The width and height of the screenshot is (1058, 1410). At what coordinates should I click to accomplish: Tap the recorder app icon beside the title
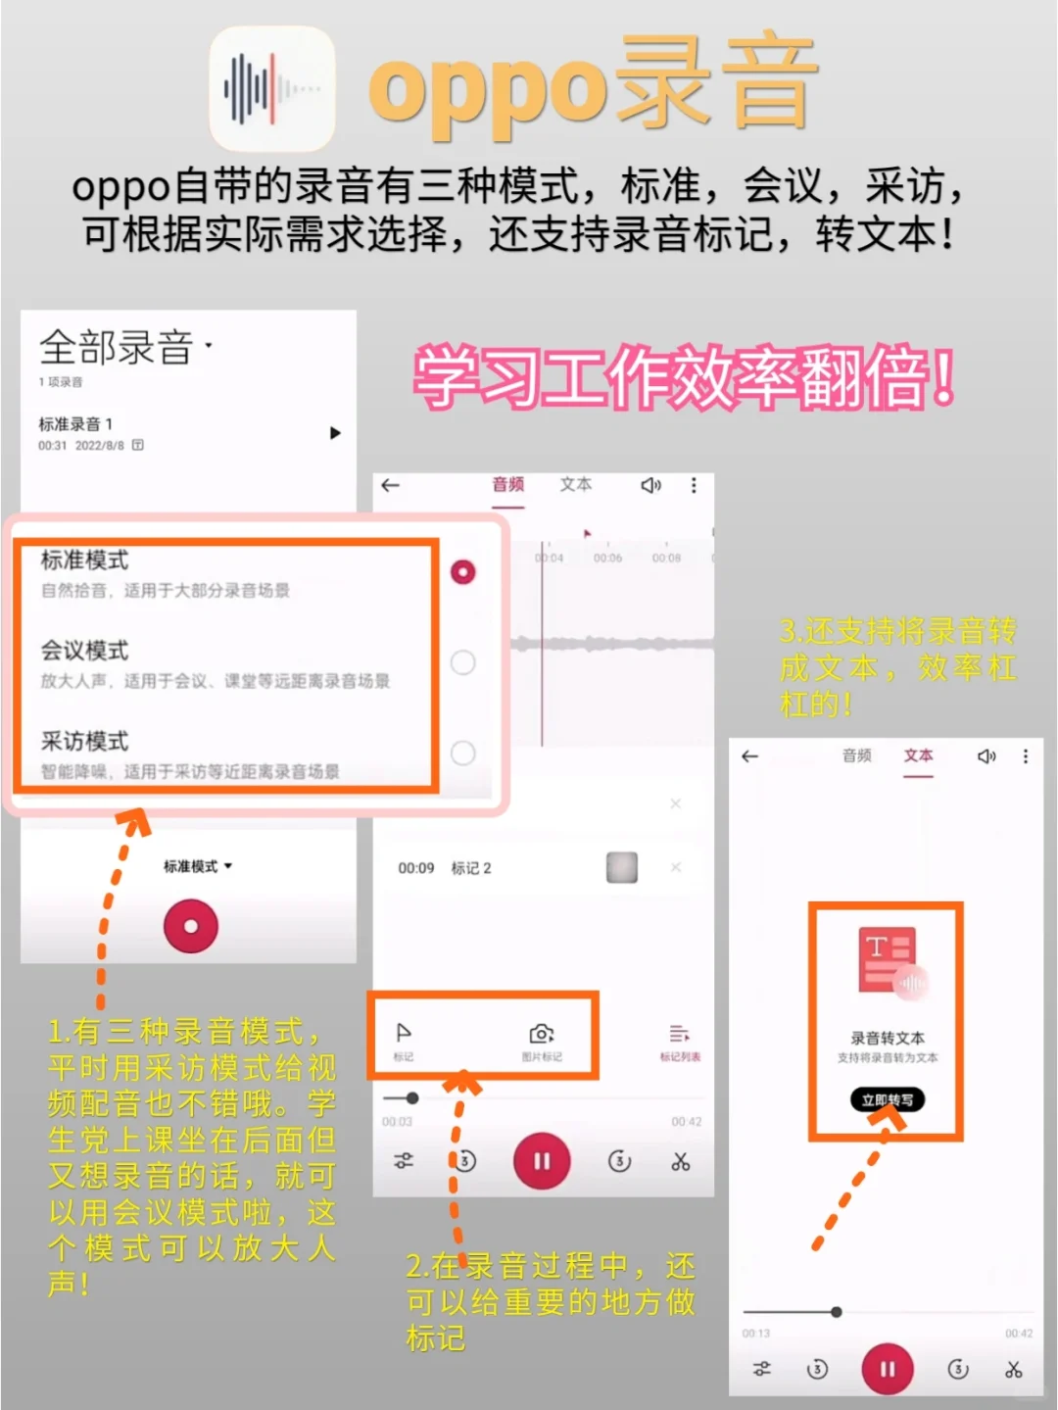click(272, 89)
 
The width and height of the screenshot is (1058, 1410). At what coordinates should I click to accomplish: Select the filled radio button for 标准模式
click(463, 572)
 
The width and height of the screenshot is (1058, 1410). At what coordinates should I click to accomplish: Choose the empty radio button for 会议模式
click(463, 663)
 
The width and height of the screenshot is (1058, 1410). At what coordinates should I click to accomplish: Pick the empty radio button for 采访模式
click(463, 754)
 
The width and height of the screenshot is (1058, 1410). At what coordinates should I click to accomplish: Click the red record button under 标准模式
click(191, 926)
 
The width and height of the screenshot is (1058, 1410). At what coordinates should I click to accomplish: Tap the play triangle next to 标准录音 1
click(335, 433)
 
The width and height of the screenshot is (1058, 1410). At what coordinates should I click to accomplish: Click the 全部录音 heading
click(117, 348)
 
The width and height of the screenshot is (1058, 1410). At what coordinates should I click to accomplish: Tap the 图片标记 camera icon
click(542, 1035)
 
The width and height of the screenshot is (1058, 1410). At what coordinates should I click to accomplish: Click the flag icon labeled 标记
click(404, 1034)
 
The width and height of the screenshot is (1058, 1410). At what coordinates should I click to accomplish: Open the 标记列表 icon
click(679, 1035)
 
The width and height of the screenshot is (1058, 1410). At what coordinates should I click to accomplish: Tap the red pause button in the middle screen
click(542, 1161)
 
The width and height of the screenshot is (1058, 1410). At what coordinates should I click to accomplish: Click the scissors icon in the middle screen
click(681, 1162)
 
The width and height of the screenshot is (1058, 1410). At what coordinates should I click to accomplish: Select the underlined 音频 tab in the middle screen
click(508, 485)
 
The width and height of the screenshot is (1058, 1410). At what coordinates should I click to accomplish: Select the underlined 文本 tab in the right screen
click(918, 755)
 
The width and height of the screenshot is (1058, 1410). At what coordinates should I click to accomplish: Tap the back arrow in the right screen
click(750, 756)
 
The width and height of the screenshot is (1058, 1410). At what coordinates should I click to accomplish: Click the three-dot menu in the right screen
click(1026, 756)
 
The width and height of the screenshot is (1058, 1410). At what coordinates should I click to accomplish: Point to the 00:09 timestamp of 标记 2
click(416, 868)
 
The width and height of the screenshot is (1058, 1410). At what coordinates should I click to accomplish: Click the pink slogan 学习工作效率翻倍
click(683, 378)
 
